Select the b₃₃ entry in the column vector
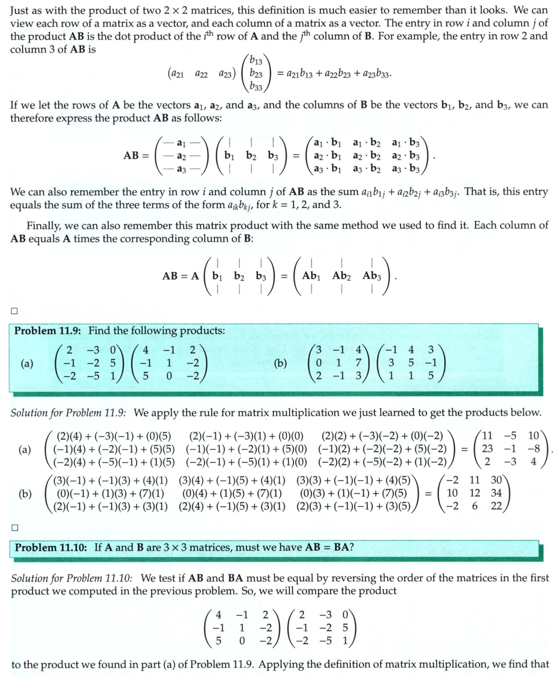point(255,87)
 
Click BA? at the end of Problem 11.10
point(344,547)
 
